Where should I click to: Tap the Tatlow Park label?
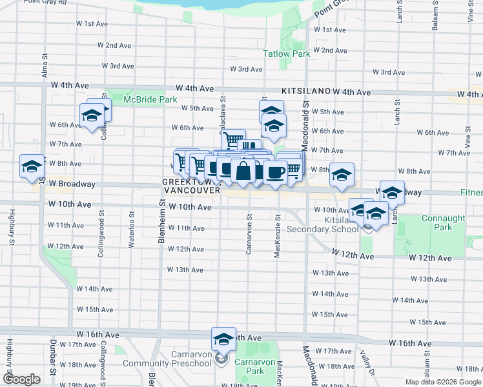click(286, 54)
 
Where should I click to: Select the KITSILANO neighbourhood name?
click(305, 92)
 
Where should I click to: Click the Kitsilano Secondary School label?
click(322, 224)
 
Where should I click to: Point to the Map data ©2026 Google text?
click(443, 382)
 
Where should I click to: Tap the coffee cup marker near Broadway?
click(275, 172)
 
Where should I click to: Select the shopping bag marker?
click(243, 171)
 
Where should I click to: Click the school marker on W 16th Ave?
click(223, 339)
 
